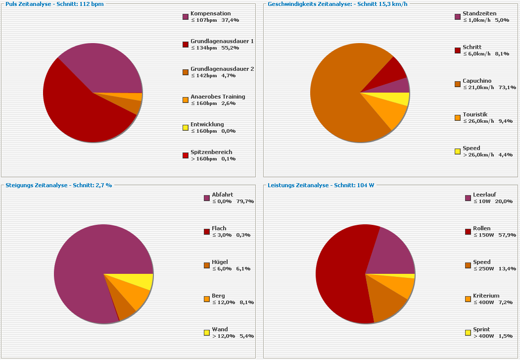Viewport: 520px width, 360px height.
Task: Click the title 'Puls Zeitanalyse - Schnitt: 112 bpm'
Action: click(x=54, y=4)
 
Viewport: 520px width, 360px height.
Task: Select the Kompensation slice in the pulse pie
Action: click(x=106, y=67)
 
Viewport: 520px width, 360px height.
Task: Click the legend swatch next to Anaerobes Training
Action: click(x=186, y=100)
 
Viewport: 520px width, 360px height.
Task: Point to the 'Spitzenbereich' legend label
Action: click(x=211, y=152)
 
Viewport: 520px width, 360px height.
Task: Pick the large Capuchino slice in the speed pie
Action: click(x=341, y=94)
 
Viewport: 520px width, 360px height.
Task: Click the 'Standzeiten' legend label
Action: click(x=479, y=13)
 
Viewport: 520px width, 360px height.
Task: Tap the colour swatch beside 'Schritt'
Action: click(x=458, y=51)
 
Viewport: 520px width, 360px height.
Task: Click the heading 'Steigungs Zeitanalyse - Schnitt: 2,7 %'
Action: click(x=58, y=185)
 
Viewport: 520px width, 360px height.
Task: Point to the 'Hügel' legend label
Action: click(x=220, y=262)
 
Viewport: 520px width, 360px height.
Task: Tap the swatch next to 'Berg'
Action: click(x=207, y=299)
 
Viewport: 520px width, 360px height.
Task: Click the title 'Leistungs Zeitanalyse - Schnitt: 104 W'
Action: click(x=321, y=185)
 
